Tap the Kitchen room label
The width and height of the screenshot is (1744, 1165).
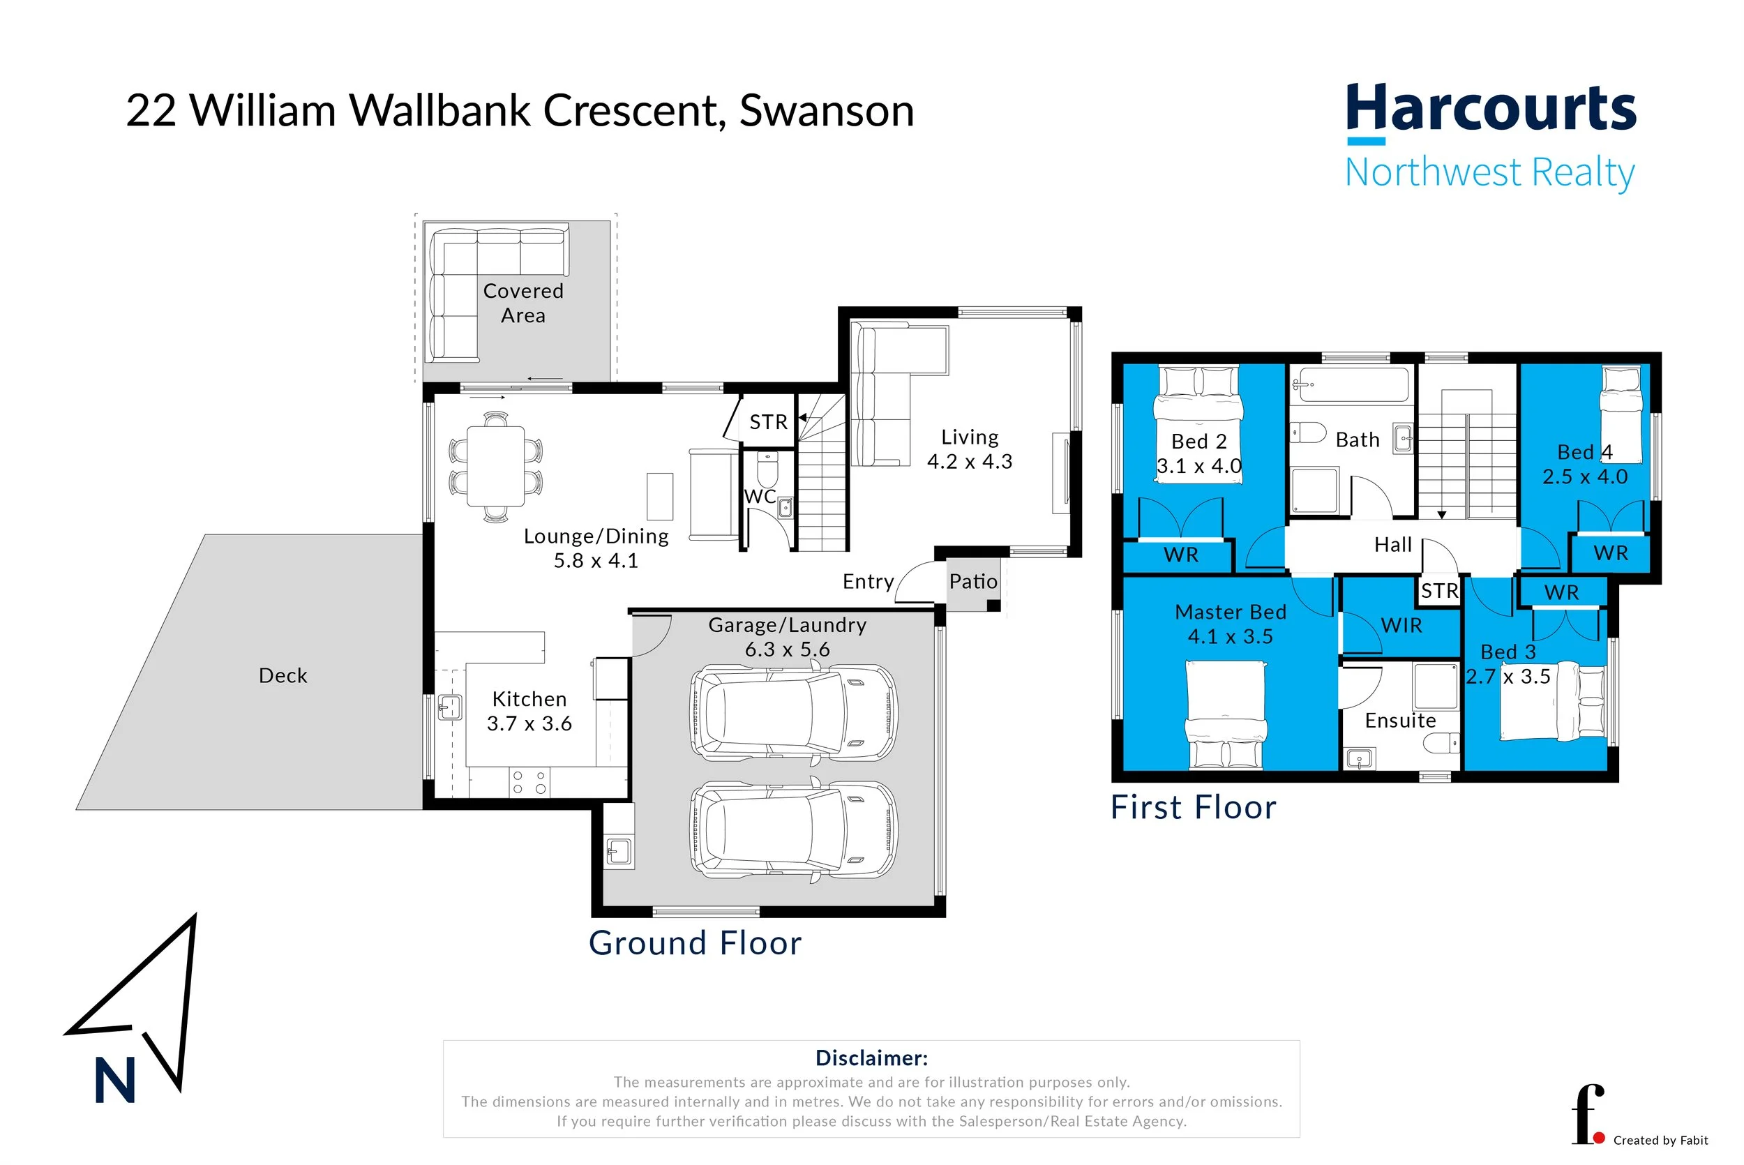[529, 699]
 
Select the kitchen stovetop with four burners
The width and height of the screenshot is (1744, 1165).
[529, 782]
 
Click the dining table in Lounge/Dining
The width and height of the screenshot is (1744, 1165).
[495, 466]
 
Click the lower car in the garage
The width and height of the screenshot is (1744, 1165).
[793, 831]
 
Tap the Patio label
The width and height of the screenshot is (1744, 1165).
[973, 581]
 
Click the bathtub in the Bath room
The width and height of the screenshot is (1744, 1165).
[1351, 385]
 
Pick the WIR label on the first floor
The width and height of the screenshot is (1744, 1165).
[1401, 626]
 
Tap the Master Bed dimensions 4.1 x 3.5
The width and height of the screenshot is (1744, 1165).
[1230, 637]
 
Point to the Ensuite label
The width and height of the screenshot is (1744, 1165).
[1400, 721]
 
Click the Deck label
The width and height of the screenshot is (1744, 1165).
[283, 675]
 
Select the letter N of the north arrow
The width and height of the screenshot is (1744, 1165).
[115, 1081]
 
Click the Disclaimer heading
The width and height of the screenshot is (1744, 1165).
[871, 1058]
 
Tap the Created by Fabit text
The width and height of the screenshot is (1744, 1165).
[1661, 1141]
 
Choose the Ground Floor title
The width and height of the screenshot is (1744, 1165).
[695, 944]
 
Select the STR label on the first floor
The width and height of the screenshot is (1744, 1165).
[1439, 592]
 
